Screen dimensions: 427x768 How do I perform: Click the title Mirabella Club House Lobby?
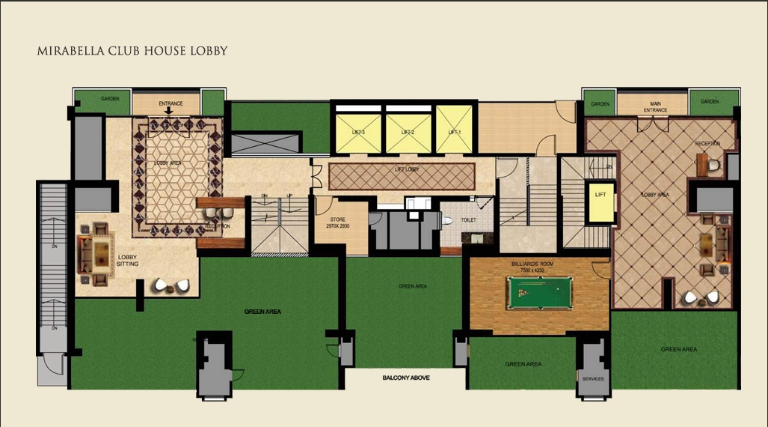pos(132,52)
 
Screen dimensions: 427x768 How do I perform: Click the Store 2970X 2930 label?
pos(338,222)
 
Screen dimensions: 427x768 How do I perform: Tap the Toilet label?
pos(469,221)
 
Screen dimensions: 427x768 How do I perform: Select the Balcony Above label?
pos(406,378)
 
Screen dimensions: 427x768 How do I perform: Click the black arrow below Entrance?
pos(169,111)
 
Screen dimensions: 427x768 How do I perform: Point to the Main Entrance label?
pos(655,107)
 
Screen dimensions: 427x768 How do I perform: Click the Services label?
pos(593,379)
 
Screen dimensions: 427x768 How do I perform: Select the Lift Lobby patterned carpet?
pos(403,175)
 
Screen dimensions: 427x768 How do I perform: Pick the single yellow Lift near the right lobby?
pos(600,201)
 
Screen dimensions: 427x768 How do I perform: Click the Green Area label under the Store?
pos(413,286)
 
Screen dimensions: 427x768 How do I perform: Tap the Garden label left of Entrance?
pos(111,98)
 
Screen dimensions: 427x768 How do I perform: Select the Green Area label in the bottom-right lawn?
pos(679,349)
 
